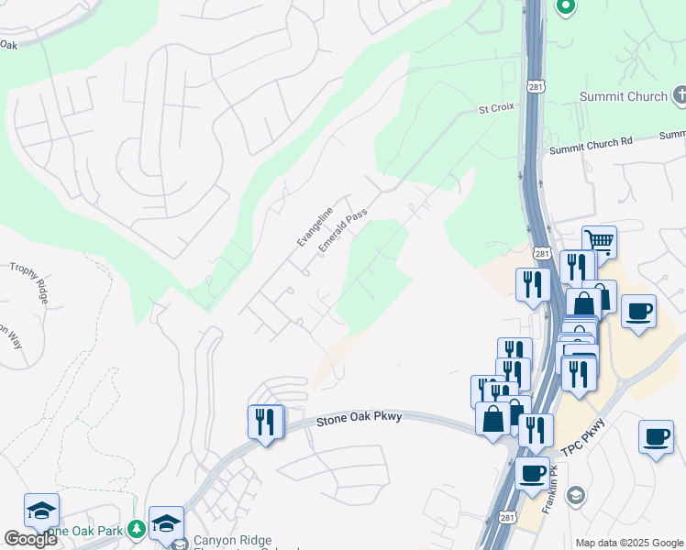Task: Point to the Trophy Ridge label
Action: (x=29, y=282)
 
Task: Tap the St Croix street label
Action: (x=494, y=108)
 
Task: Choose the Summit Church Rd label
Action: (x=591, y=142)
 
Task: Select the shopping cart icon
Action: (x=599, y=242)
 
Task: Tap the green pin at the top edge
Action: (x=565, y=7)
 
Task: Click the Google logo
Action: (x=30, y=539)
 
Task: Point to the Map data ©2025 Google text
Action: (x=628, y=543)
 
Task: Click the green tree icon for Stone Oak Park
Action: (x=136, y=529)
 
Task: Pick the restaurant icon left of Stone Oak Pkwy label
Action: (x=265, y=422)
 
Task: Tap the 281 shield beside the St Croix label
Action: (x=537, y=86)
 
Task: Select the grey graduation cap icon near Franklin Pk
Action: (x=575, y=497)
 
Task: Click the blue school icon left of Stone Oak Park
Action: (x=41, y=511)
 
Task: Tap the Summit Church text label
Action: (x=624, y=96)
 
